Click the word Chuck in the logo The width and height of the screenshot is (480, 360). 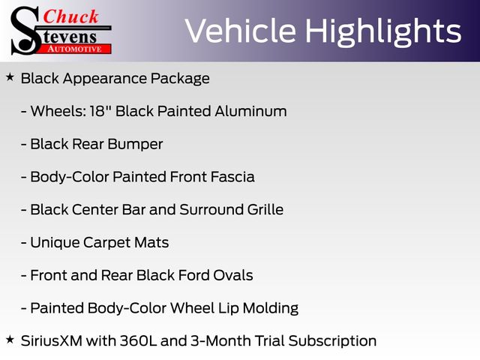tap(70, 16)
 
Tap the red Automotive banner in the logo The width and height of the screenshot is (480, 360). tap(75, 49)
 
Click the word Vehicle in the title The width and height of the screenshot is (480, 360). tap(241, 31)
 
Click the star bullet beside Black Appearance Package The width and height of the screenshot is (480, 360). tap(10, 77)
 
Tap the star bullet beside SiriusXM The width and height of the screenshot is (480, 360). tap(10, 339)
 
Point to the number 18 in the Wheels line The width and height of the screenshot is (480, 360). tap(97, 111)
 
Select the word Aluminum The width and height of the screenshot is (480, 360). tap(250, 111)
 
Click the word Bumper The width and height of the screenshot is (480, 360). tap(135, 145)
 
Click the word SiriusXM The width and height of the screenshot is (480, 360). tap(52, 341)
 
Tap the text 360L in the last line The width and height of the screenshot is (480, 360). tap(138, 341)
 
